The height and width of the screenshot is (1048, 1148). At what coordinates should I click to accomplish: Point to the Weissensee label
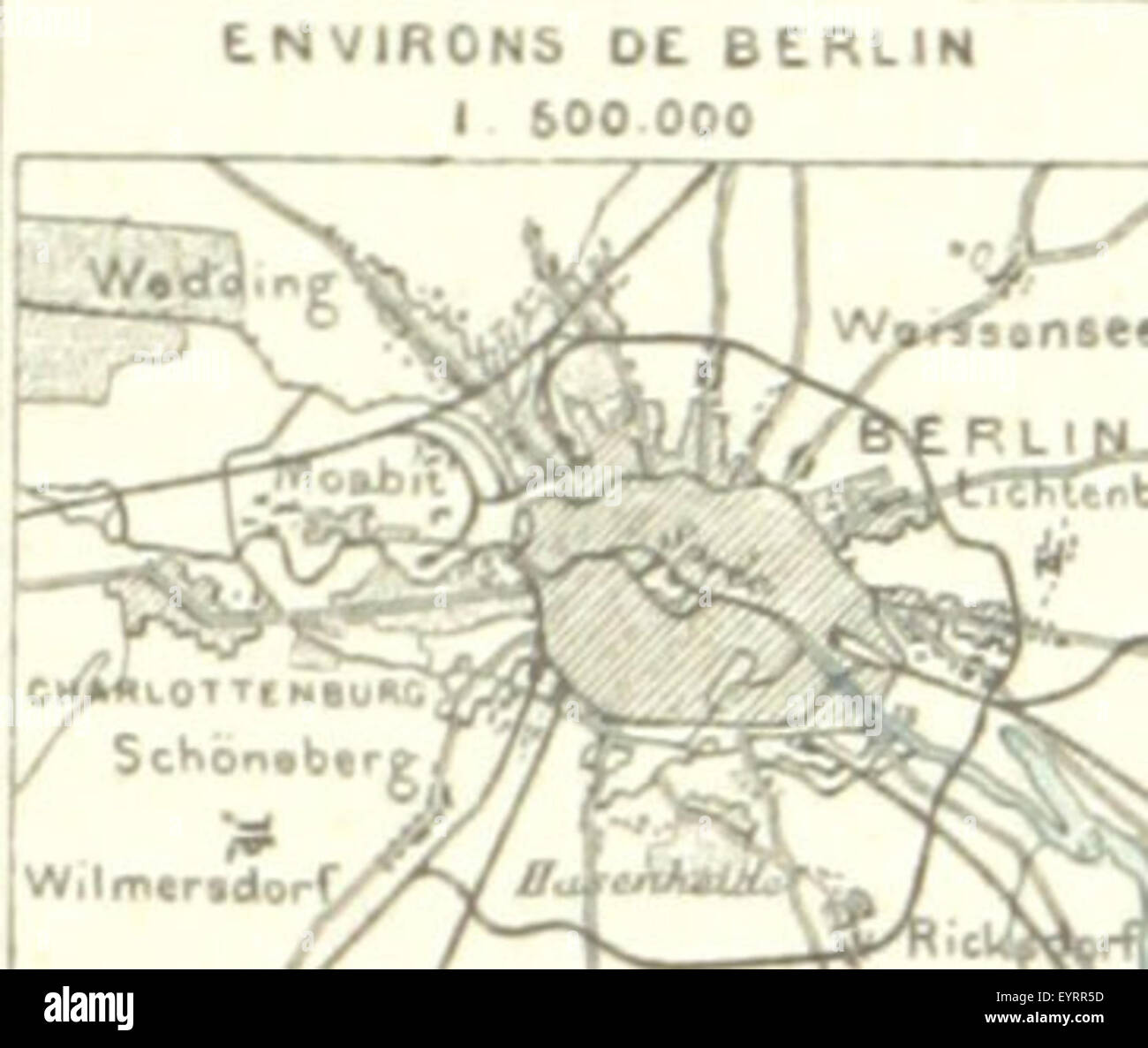(x=989, y=330)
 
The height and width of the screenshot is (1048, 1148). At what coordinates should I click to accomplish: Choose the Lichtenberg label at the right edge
(x=1051, y=497)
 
